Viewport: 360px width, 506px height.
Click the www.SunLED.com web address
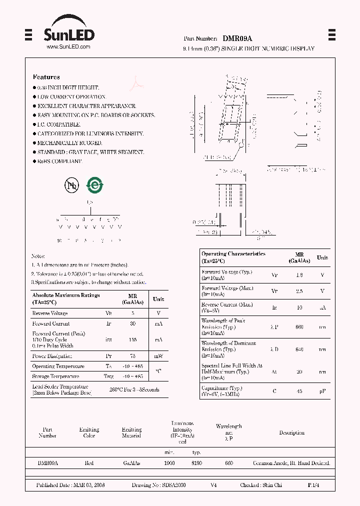pos(68,46)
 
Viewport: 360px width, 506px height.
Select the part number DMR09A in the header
pos(237,38)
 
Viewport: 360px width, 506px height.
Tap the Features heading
pos(46,77)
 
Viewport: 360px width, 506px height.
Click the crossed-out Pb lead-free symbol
pos(72,185)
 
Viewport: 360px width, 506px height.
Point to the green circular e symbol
pos(94,185)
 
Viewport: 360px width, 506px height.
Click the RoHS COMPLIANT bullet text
pos(59,161)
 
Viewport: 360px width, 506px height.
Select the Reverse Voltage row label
pos(50,313)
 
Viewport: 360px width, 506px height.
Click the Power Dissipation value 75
pos(132,356)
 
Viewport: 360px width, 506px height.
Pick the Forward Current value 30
pos(132,324)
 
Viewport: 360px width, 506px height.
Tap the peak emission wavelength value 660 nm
pos(299,326)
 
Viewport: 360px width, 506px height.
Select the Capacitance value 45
pos(299,391)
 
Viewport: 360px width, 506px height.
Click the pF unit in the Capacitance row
pos(322,391)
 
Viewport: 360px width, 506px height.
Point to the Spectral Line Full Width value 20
pos(299,372)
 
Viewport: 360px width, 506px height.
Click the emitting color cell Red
pos(89,463)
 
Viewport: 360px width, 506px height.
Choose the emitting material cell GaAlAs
pos(131,463)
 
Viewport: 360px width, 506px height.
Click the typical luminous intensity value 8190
pos(196,463)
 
